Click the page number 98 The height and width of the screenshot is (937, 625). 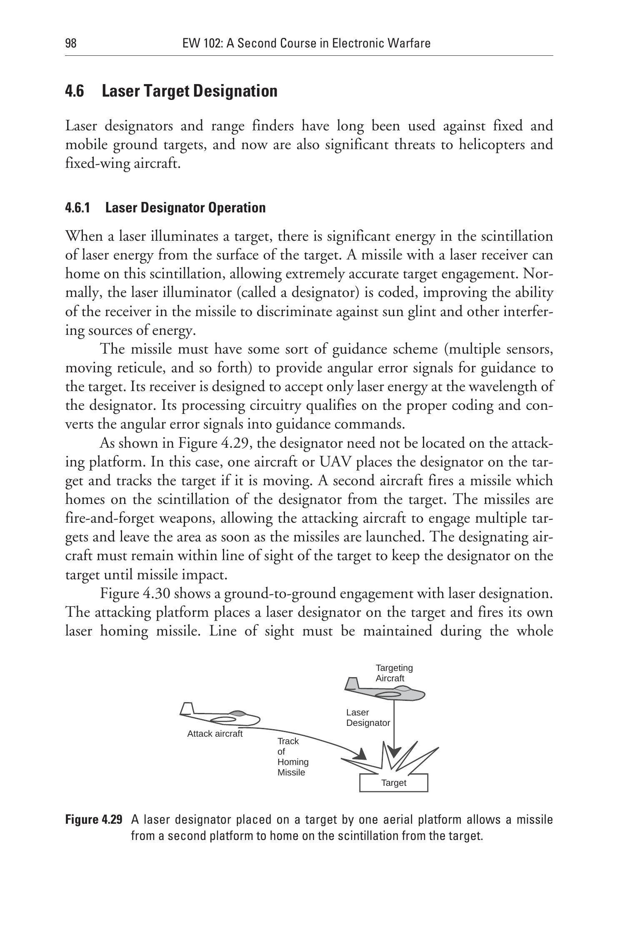(71, 43)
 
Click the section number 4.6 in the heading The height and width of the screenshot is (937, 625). (75, 91)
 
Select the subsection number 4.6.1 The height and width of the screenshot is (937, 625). (77, 207)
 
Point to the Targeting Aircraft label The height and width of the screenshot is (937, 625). (394, 673)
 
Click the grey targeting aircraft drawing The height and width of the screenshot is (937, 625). (387, 693)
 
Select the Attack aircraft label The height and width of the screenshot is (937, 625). (215, 734)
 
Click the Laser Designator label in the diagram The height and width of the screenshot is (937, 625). (367, 718)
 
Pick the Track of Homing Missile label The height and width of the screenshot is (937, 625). (292, 757)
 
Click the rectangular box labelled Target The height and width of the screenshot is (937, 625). (393, 783)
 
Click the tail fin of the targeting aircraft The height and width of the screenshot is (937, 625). (352, 683)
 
